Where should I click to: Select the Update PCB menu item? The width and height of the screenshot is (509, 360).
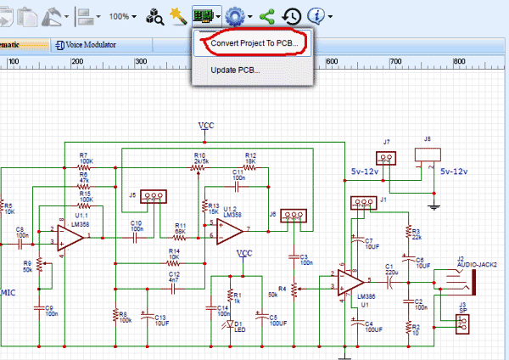tap(235, 70)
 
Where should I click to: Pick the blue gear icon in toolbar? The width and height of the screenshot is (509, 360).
tap(234, 15)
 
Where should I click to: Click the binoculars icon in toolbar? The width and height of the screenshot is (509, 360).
tap(154, 15)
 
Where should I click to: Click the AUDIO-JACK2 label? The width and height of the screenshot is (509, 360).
tap(475, 263)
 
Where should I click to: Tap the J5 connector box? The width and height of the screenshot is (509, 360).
tap(153, 197)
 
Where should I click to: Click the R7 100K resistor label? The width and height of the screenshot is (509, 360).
tap(86, 159)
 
